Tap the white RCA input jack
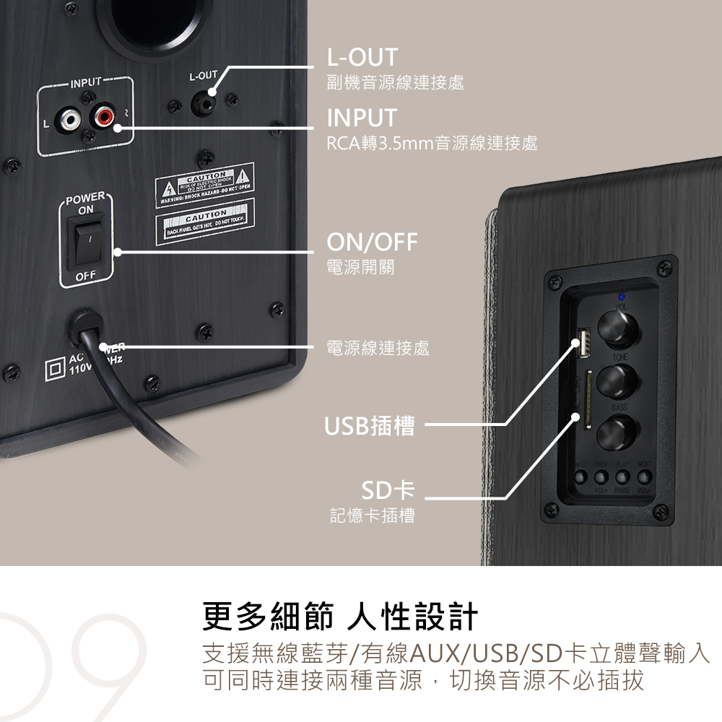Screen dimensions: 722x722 pos(70,117)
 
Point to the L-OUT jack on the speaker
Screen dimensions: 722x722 pos(206,102)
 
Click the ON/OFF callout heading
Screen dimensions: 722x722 pos(372,243)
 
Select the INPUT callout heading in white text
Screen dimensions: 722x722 pos(362,117)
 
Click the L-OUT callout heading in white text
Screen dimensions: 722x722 pos(362,57)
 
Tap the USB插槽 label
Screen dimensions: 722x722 pos(369,426)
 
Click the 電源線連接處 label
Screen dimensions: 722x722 pos(378,349)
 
